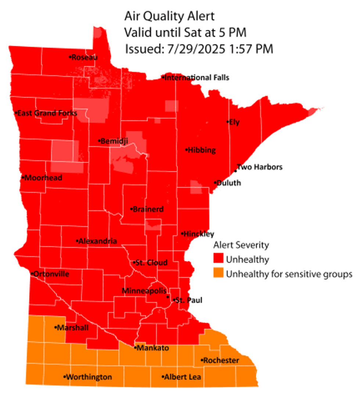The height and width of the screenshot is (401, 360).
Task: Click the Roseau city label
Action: [x=85, y=57]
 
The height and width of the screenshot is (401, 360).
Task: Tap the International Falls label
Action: [x=197, y=78]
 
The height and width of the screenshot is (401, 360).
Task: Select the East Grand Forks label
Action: [x=47, y=113]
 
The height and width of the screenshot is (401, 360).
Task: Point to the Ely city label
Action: [x=234, y=122]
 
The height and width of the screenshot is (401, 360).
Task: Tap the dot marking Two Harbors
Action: [x=235, y=171]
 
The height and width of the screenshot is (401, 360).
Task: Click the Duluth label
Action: [x=229, y=183]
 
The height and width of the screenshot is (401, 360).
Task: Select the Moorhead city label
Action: [x=43, y=178]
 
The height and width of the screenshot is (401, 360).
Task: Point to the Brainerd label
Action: [x=148, y=209]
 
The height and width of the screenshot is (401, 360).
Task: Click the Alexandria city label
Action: [x=97, y=241]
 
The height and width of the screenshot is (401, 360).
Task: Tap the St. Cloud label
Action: [x=151, y=263]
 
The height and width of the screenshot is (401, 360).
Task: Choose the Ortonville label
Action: [x=51, y=274]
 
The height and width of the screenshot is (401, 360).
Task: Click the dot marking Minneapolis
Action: [x=168, y=297]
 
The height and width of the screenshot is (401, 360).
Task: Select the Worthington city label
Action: [x=89, y=377]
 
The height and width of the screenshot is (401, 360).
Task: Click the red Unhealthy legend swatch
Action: [x=219, y=259]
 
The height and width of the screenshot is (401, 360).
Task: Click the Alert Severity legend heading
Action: [x=241, y=245]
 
